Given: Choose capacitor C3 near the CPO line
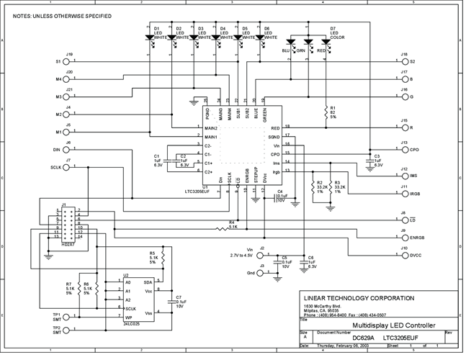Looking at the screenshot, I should point(369,160).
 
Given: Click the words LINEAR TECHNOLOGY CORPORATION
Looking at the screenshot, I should point(358,298).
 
